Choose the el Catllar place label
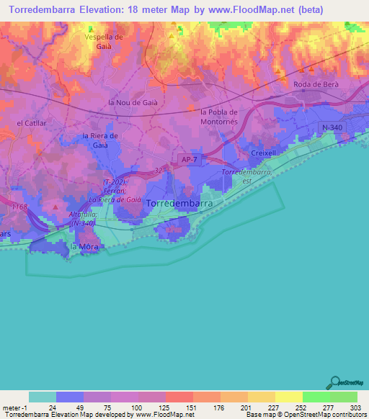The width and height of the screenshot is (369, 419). click(31, 123)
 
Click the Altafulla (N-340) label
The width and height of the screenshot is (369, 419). click(84, 219)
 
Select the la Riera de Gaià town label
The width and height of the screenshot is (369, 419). click(100, 140)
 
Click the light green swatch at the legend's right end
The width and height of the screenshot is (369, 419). click(344, 397)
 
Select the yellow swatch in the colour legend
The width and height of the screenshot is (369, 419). click(289, 397)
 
